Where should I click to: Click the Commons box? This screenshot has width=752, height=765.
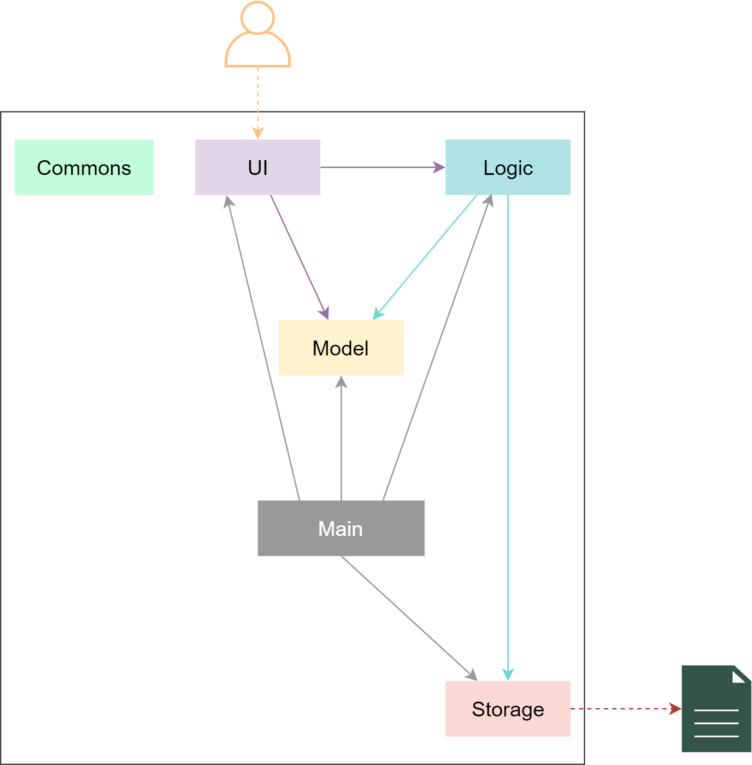click(x=84, y=167)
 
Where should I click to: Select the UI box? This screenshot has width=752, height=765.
click(x=258, y=167)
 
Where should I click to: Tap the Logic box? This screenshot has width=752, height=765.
click(x=508, y=167)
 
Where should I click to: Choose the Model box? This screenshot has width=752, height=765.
click(x=341, y=348)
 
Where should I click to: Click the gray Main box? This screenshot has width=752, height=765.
click(x=341, y=528)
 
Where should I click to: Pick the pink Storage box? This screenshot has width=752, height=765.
click(x=508, y=709)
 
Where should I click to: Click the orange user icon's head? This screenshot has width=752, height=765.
click(x=258, y=18)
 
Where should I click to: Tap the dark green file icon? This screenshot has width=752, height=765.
click(x=716, y=709)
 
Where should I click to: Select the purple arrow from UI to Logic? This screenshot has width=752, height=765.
click(x=383, y=167)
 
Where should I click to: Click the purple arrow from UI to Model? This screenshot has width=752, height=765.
click(x=300, y=257)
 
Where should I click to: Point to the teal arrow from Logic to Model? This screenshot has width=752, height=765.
click(x=425, y=257)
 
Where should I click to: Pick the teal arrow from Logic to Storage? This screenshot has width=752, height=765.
click(x=508, y=438)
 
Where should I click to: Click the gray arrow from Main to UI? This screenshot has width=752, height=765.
click(x=263, y=348)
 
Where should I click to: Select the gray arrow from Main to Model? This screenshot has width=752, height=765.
click(x=341, y=438)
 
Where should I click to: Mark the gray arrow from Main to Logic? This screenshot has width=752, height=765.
click(x=437, y=348)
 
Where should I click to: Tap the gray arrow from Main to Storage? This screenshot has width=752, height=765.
click(x=409, y=618)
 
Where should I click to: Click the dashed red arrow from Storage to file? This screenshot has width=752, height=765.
click(x=626, y=709)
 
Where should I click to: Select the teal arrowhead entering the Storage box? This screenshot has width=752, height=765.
click(x=508, y=675)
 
